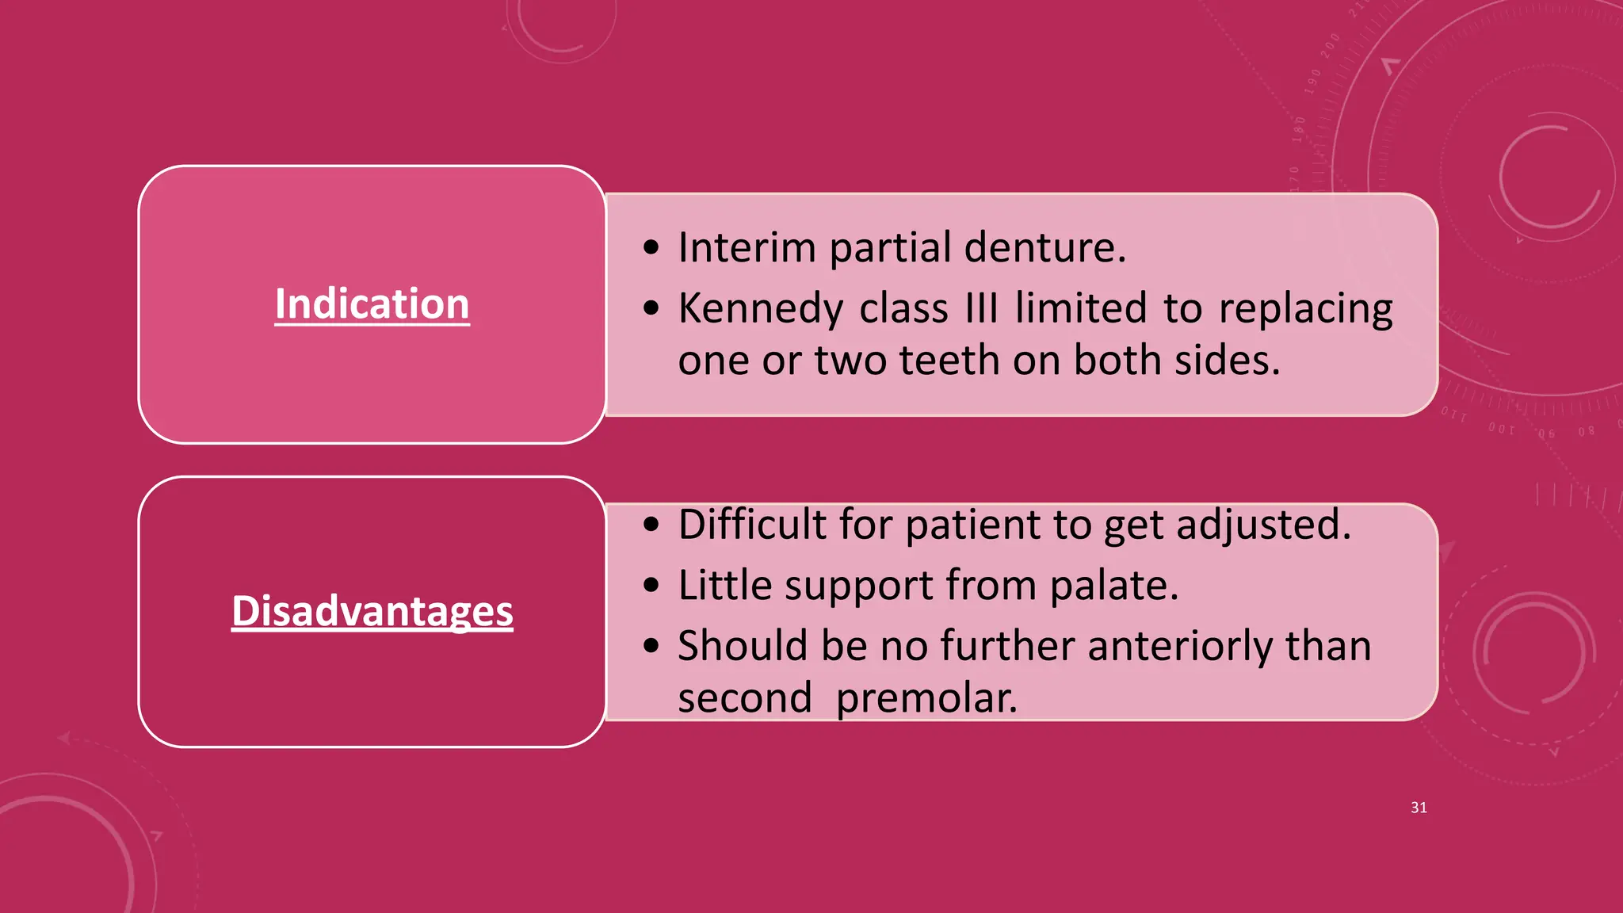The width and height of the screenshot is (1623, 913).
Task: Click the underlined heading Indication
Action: click(x=372, y=304)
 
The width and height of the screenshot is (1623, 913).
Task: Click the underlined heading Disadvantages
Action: click(x=372, y=612)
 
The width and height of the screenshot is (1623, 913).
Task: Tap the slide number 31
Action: click(x=1419, y=808)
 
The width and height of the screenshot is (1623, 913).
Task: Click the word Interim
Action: click(x=747, y=247)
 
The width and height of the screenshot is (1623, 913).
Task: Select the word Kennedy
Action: click(x=761, y=308)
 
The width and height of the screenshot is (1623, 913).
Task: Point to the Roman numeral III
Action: click(x=982, y=308)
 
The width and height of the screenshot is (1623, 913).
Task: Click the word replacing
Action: click(x=1305, y=308)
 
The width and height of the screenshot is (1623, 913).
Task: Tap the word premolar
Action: click(x=926, y=698)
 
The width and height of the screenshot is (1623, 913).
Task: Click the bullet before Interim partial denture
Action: click(x=651, y=247)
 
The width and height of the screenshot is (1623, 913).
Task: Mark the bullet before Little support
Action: click(x=651, y=586)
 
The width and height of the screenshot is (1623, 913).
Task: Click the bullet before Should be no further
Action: click(x=651, y=646)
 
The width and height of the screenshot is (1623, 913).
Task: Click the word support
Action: click(x=858, y=586)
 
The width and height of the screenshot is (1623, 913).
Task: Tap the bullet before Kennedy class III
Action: click(x=651, y=308)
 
